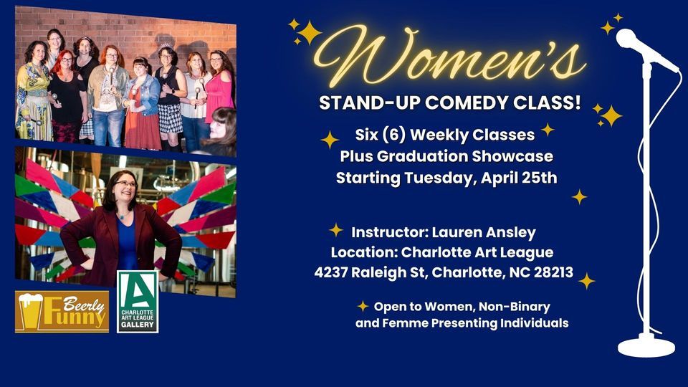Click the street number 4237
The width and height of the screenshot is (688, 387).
(x=333, y=272)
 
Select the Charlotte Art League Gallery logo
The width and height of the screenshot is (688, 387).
(x=138, y=302)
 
